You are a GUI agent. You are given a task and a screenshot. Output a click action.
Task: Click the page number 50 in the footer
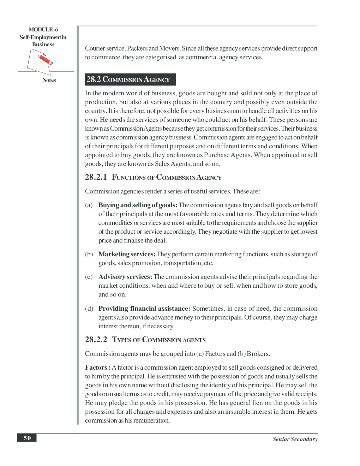[27, 438]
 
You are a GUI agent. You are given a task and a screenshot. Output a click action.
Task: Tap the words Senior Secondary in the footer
[295, 439]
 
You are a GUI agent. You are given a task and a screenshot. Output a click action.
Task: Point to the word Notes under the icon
[49, 80]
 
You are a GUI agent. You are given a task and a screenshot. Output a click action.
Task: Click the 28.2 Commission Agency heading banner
[130, 79]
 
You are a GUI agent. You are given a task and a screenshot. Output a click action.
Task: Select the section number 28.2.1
[96, 177]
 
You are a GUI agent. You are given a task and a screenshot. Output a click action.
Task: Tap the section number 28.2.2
[96, 340]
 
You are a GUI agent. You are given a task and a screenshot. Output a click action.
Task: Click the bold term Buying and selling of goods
[138, 205]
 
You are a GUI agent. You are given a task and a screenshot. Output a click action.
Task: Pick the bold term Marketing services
[127, 254]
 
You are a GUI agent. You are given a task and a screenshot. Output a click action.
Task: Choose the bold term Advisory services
[125, 277]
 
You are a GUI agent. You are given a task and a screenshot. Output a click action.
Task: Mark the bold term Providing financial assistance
[144, 309]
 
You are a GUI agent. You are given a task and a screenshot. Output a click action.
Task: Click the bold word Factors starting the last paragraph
[96, 368]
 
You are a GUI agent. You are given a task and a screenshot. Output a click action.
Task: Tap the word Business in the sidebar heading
[43, 44]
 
